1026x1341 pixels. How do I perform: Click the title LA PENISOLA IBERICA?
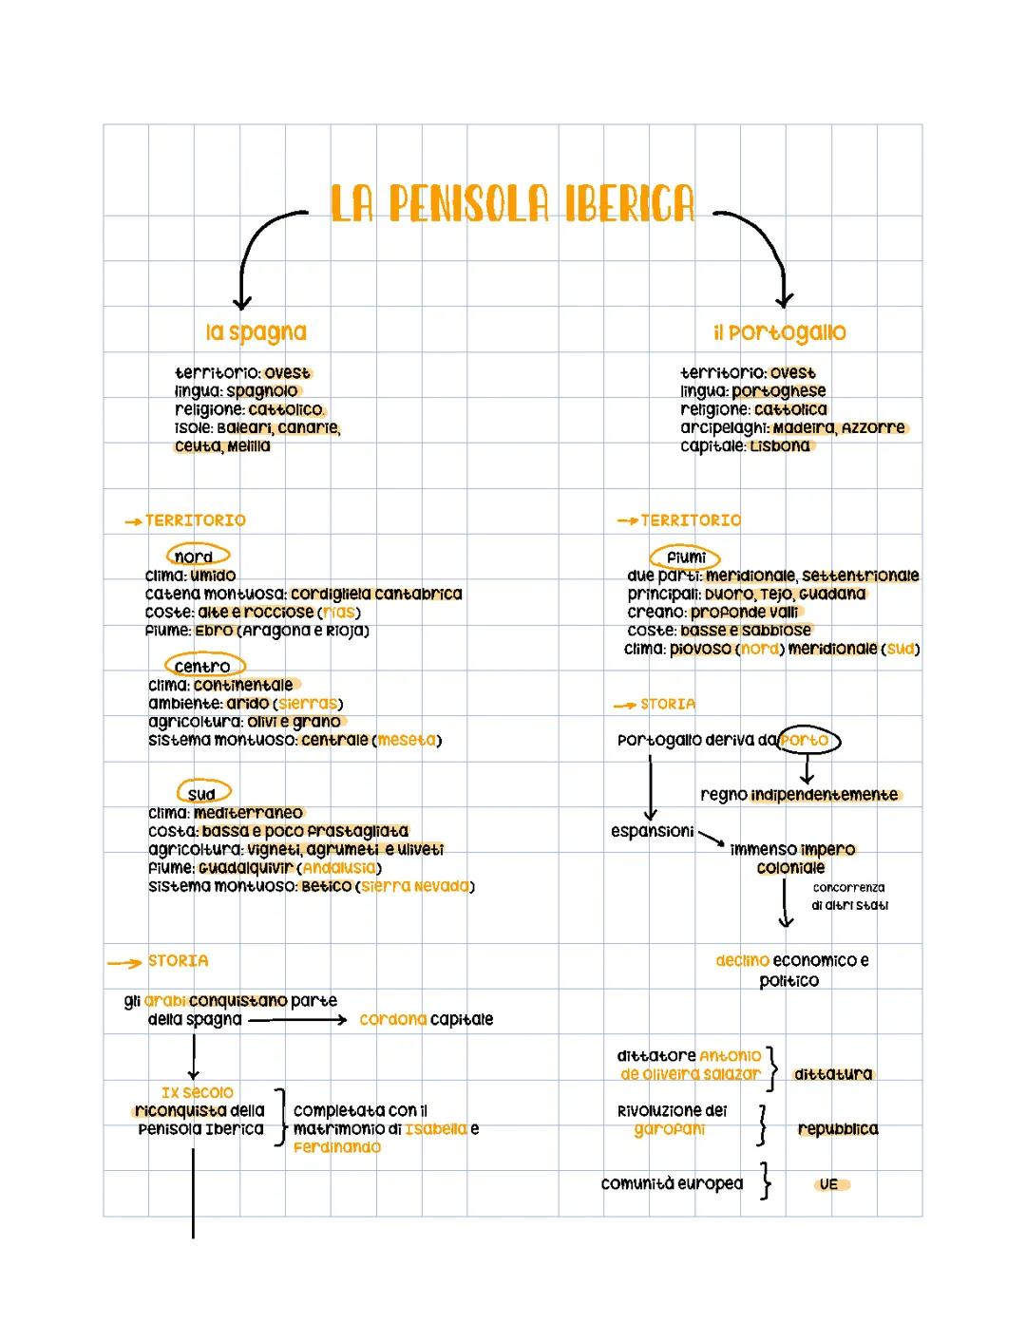tap(512, 204)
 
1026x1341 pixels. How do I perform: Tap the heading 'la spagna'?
tap(256, 332)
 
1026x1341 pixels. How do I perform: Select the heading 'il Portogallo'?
tap(779, 332)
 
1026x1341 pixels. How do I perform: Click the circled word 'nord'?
tap(197, 557)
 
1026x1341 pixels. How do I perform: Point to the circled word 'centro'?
tap(203, 667)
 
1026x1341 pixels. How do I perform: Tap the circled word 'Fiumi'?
tap(685, 557)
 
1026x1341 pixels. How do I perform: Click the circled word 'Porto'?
tap(807, 740)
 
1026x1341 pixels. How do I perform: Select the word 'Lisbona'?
tap(779, 446)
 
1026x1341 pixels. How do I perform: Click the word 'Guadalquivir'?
tap(247, 868)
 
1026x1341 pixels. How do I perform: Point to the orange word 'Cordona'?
tap(392, 1020)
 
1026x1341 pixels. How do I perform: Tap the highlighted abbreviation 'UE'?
tap(829, 1184)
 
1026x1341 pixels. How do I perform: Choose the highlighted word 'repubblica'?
tap(837, 1129)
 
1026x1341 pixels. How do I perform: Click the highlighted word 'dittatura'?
tap(832, 1074)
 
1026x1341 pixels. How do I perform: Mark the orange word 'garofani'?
tap(670, 1129)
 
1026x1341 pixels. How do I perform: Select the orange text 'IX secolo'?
tap(197, 1093)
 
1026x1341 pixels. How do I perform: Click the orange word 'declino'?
tap(742, 960)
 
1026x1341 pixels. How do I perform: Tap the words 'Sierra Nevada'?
tap(415, 886)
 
